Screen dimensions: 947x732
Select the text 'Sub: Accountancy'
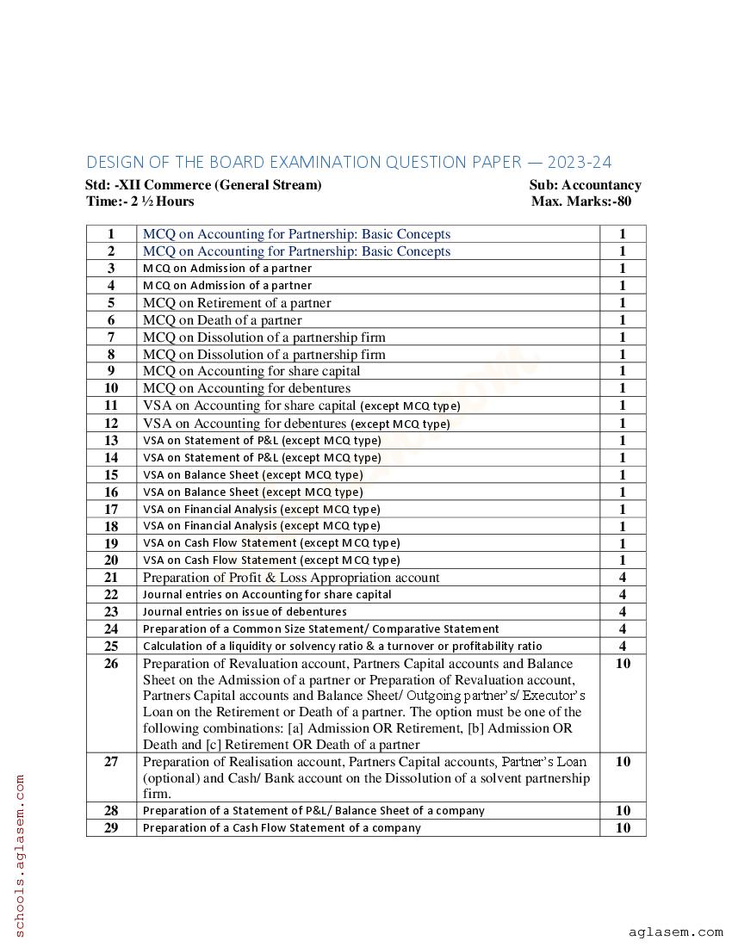coord(585,184)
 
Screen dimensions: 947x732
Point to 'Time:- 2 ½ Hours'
coord(140,201)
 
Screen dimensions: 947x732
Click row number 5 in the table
coord(111,303)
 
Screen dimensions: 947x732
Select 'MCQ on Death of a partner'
coord(222,320)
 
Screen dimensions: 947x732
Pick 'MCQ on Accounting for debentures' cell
coord(246,388)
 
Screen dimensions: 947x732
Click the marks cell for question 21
coord(622,578)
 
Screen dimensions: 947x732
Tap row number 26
coord(111,664)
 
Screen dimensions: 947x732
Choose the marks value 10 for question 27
coord(622,762)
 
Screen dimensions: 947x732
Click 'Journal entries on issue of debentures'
coord(245,612)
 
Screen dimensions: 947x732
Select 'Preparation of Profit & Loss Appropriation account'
coord(291,578)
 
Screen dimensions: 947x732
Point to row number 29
coord(111,828)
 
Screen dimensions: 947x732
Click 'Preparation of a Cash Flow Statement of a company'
coord(282,828)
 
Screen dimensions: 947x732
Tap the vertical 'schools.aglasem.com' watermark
coord(20,855)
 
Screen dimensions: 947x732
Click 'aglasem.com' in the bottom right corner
coord(675,932)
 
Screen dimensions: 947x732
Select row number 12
coord(111,424)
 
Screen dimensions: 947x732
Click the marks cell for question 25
coord(622,647)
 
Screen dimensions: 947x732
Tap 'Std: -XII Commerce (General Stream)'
coord(203,184)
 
